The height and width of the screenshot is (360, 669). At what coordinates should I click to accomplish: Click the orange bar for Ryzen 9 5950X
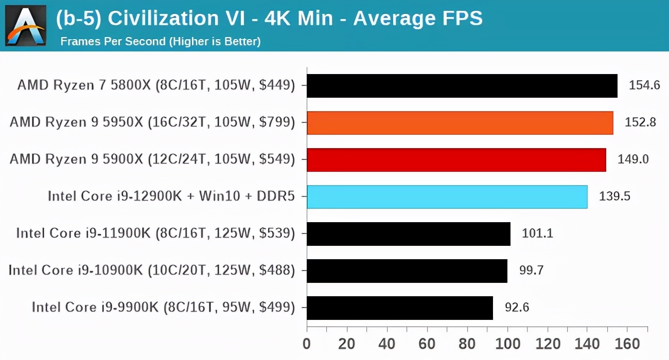pyautogui.click(x=460, y=123)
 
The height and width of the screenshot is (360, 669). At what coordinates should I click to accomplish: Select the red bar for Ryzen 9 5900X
pyautogui.click(x=456, y=160)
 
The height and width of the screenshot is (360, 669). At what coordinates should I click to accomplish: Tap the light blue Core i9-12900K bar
pyautogui.click(x=447, y=197)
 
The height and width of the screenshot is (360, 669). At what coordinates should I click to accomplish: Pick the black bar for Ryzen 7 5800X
pyautogui.click(x=462, y=85)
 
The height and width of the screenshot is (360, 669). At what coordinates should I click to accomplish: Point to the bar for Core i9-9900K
pyautogui.click(x=400, y=308)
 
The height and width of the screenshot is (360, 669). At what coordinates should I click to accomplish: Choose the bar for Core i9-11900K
pyautogui.click(x=409, y=234)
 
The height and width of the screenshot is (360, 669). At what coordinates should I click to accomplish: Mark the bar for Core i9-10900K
pyautogui.click(x=407, y=271)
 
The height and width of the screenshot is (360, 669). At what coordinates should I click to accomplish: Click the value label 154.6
pyautogui.click(x=644, y=85)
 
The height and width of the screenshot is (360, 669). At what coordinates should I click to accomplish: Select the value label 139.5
pyautogui.click(x=614, y=197)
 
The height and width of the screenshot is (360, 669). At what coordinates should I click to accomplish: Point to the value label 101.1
pyautogui.click(x=538, y=234)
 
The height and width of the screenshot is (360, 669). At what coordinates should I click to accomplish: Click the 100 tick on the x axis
pyautogui.click(x=507, y=344)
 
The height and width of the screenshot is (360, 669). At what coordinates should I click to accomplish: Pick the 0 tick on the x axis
pyautogui.click(x=307, y=344)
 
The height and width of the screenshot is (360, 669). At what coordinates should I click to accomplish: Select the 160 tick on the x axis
pyautogui.click(x=627, y=344)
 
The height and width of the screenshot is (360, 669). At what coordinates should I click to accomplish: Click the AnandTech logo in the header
pyautogui.click(x=26, y=25)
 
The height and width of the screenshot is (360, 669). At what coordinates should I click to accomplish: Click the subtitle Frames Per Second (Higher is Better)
pyautogui.click(x=161, y=41)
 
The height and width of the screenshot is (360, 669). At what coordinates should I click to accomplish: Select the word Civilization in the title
pyautogui.click(x=159, y=19)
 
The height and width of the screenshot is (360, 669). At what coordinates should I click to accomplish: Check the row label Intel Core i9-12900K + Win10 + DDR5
pyautogui.click(x=171, y=197)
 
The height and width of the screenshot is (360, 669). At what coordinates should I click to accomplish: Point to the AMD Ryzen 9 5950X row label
pyautogui.click(x=152, y=123)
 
